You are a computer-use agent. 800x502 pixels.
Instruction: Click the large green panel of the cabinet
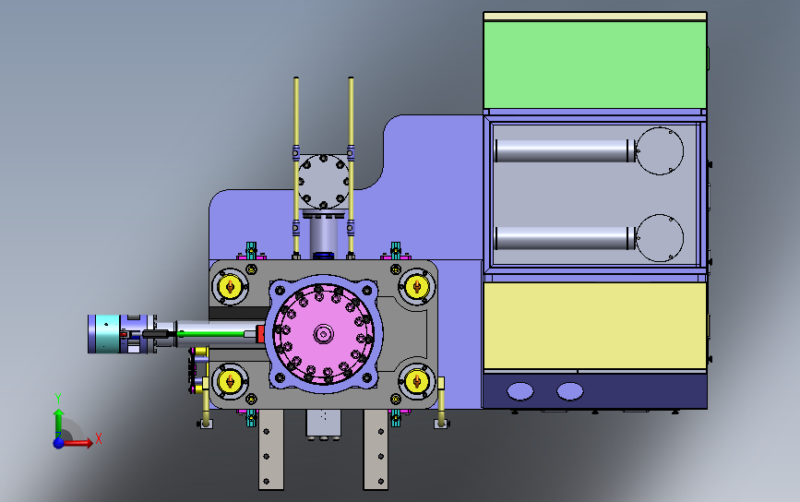[594, 65]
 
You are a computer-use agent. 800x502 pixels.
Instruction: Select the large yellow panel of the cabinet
[595, 326]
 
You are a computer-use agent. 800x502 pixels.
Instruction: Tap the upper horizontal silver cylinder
[565, 151]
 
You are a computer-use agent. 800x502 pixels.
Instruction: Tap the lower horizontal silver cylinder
[565, 238]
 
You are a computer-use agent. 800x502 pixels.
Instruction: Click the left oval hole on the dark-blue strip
[520, 391]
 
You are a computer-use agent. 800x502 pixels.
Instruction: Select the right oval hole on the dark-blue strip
[570, 391]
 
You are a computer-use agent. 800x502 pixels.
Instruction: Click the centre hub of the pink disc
[323, 335]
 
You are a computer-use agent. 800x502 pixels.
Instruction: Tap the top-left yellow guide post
[230, 287]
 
